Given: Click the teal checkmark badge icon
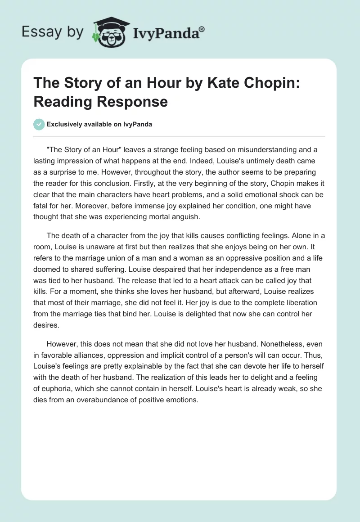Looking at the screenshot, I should pos(39,124).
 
